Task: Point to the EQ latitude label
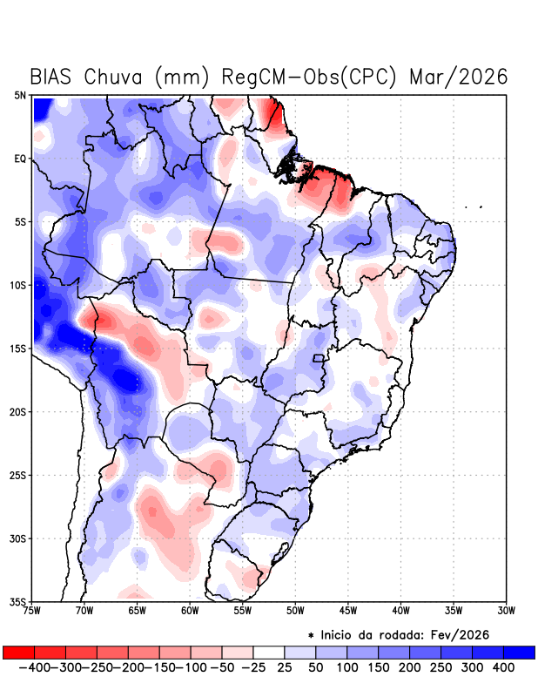(20, 159)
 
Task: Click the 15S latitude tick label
(18, 348)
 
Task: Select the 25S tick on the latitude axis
(18, 476)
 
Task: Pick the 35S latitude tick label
(18, 602)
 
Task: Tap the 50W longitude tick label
(295, 611)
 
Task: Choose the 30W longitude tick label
(507, 611)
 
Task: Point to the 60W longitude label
(190, 611)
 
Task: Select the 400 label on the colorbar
(503, 667)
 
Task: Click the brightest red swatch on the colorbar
(18, 652)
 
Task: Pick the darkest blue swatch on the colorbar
(519, 652)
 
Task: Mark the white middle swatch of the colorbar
(268, 652)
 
